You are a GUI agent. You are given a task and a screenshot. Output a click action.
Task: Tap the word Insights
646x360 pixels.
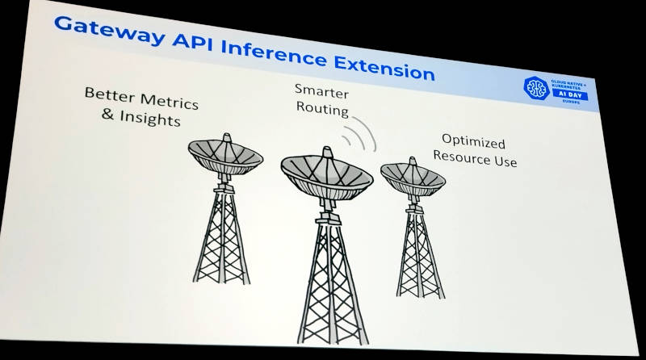point(149,120)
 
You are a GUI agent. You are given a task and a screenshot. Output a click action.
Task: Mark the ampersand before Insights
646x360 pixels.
point(109,115)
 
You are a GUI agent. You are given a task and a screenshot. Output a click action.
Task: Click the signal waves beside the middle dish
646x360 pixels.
point(361,136)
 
